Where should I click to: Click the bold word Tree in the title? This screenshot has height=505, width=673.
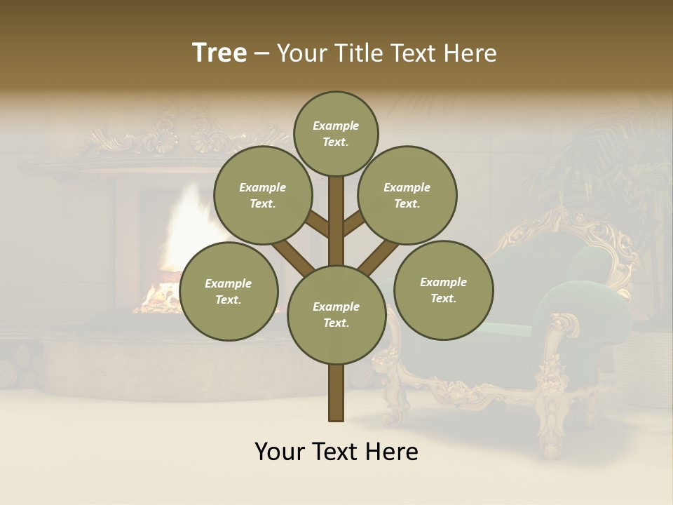tap(219, 53)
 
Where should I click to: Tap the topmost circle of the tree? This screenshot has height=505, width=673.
tap(336, 133)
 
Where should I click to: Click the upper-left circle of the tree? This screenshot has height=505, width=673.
tap(263, 195)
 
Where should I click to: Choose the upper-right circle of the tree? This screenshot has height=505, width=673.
tap(407, 195)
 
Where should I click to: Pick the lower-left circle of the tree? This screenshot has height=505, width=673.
tap(229, 291)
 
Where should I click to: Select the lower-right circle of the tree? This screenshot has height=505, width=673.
tap(444, 290)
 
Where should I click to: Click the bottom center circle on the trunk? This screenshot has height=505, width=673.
tap(336, 315)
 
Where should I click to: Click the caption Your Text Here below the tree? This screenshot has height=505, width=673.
tap(336, 452)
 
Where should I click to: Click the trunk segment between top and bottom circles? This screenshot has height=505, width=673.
tap(336, 221)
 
